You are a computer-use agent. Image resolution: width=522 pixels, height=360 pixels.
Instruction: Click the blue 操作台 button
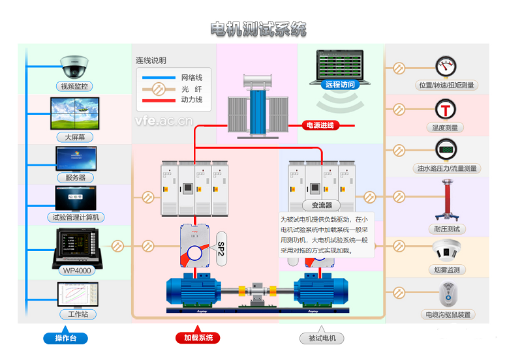coord(65,338)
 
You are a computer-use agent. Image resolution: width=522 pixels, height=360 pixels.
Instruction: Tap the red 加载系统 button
coord(198,338)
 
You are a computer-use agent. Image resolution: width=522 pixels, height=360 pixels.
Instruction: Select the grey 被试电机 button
coord(321,338)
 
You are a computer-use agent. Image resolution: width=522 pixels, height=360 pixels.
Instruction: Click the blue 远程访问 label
coord(339,85)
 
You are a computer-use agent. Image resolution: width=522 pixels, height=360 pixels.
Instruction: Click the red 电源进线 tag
coord(320,125)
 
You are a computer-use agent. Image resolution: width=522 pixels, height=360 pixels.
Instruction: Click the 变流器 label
coord(322,205)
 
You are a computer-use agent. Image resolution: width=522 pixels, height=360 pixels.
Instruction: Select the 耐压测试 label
coord(447,229)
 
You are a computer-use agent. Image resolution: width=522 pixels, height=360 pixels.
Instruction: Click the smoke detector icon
coord(446,250)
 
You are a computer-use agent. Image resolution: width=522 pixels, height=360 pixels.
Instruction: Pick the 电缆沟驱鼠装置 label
coord(447,314)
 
